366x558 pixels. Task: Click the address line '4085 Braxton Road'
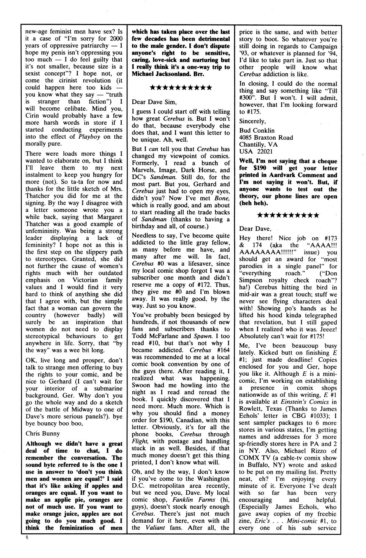pos(266,138)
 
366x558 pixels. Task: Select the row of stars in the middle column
pos(181,88)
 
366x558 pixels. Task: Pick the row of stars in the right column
pos(288,215)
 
